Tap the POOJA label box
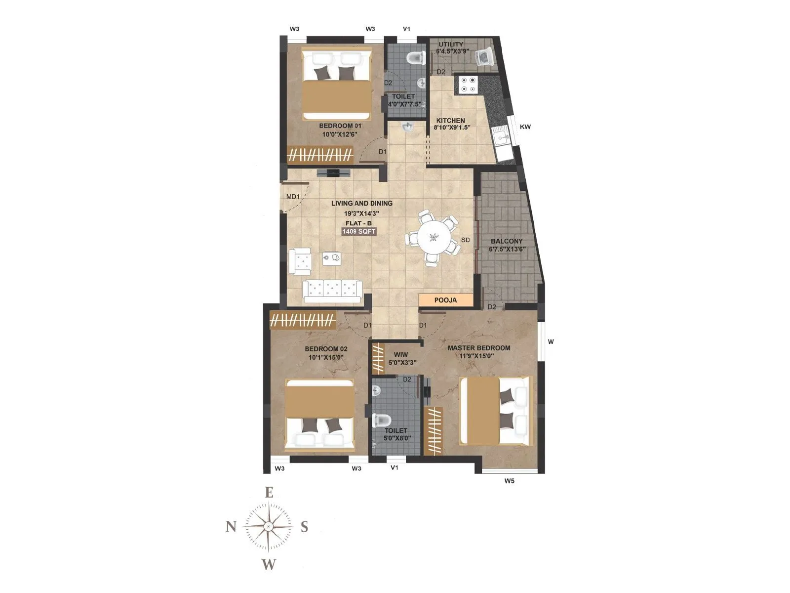pyautogui.click(x=445, y=300)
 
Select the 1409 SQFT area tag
pyautogui.click(x=359, y=231)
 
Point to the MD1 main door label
pyautogui.click(x=293, y=197)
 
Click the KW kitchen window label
pyautogui.click(x=525, y=127)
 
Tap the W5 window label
pyautogui.click(x=509, y=480)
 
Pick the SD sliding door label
pyautogui.click(x=465, y=240)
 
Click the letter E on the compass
pyautogui.click(x=269, y=492)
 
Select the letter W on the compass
pyautogui.click(x=269, y=564)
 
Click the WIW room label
pyautogui.click(x=401, y=355)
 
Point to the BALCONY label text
pyautogui.click(x=506, y=242)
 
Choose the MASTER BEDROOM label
pyautogui.click(x=479, y=348)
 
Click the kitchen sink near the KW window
pyautogui.click(x=503, y=135)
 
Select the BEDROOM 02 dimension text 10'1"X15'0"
pyautogui.click(x=326, y=357)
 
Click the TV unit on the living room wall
pyautogui.click(x=333, y=172)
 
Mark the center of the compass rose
pyautogui.click(x=268, y=527)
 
